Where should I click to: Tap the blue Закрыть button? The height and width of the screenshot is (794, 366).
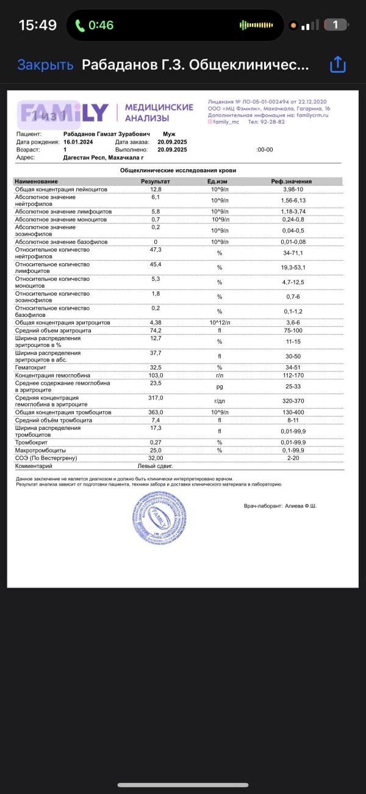[45, 65]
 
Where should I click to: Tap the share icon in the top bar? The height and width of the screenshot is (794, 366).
[337, 65]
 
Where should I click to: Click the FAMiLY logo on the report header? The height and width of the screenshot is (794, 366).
[64, 112]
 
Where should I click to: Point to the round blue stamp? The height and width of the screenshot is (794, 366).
[157, 519]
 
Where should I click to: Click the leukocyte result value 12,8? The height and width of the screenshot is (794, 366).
[155, 189]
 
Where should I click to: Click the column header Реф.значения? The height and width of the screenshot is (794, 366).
[291, 181]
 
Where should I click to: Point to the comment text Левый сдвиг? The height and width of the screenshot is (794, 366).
[151, 465]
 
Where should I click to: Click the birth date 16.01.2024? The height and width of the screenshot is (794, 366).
[82, 142]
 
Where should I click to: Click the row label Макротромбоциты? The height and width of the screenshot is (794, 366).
[42, 450]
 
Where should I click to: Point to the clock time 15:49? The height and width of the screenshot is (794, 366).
[38, 25]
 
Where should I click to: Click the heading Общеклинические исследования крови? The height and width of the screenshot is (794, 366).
[178, 170]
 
